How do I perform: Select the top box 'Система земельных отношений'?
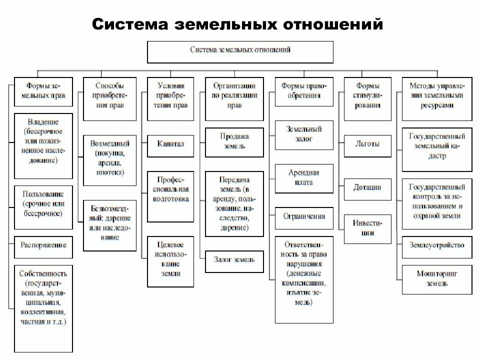tap(240, 51)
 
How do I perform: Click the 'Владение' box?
tap(43, 145)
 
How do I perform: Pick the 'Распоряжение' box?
tap(43, 245)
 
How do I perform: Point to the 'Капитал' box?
tap(170, 144)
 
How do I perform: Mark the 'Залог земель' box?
tap(234, 259)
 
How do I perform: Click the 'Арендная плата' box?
tap(304, 178)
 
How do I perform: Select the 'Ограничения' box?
tap(304, 216)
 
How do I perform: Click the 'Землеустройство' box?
tap(437, 245)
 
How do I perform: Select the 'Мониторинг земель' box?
tap(437, 278)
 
